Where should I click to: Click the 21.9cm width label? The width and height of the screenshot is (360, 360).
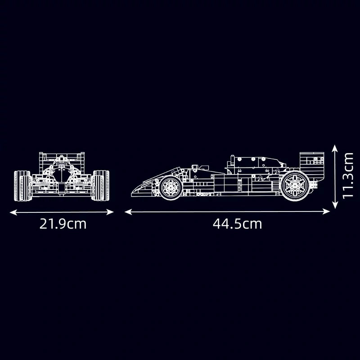tap(63, 224)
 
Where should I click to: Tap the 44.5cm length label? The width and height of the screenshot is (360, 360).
tap(238, 224)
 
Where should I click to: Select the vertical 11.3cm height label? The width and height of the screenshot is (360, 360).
tap(347, 175)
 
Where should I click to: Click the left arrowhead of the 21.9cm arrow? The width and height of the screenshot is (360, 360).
tap(13, 212)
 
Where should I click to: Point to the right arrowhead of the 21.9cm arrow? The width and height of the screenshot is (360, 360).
tap(110, 212)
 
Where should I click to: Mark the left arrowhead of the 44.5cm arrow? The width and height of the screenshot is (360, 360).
tap(128, 211)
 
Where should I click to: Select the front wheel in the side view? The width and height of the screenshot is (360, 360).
tap(171, 188)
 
